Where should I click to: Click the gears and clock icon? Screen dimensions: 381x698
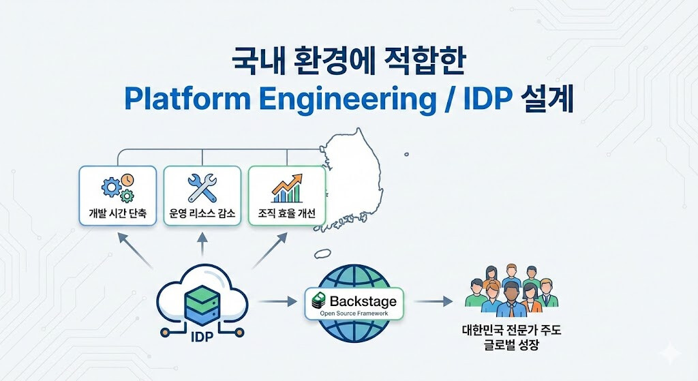point(117,188)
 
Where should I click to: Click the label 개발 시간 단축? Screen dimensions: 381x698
point(118,213)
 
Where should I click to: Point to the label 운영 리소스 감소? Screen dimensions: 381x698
point(202,213)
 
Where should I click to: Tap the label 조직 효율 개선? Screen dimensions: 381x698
point(286,213)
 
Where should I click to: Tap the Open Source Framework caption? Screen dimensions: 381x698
point(354,313)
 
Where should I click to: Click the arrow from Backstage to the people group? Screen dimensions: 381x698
point(434,301)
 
